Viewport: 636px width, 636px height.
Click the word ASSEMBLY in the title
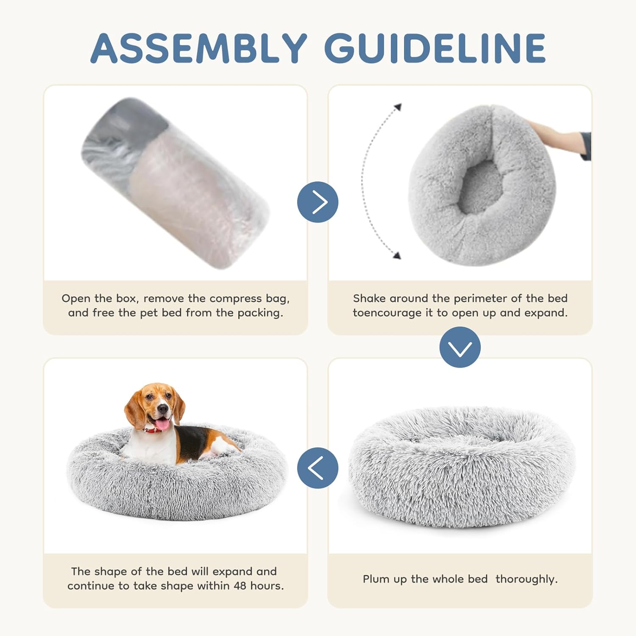pyautogui.click(x=198, y=48)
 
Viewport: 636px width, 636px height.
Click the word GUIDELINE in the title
pyautogui.click(x=435, y=48)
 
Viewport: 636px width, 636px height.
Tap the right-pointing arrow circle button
pyautogui.click(x=318, y=202)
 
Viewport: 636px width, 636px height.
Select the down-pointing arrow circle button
pyautogui.click(x=460, y=347)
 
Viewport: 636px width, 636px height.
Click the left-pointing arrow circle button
pyautogui.click(x=318, y=468)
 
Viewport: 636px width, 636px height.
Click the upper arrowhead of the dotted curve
pyautogui.click(x=397, y=107)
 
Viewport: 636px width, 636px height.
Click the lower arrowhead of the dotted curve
pyautogui.click(x=397, y=255)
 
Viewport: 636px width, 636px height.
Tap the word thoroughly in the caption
pyautogui.click(x=526, y=579)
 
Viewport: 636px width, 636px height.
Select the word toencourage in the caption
pyautogui.click(x=388, y=313)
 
